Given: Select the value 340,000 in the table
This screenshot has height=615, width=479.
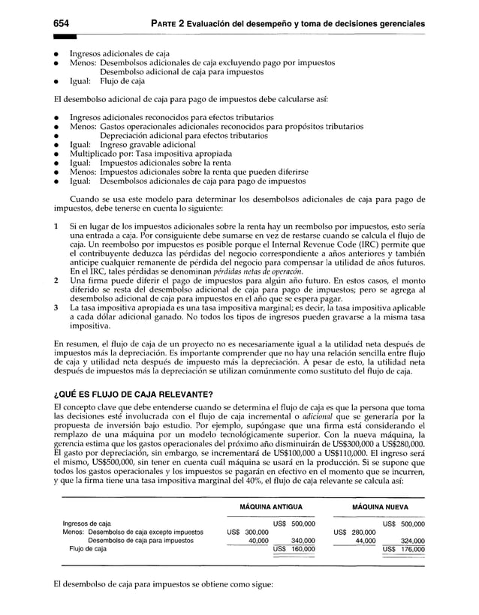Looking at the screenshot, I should click(x=303, y=539).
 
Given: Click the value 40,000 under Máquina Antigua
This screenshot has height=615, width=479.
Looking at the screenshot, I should click(x=258, y=539).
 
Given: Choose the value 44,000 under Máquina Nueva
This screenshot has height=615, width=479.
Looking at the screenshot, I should click(x=364, y=539).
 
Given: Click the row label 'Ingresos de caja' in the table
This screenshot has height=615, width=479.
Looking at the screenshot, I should click(x=86, y=522).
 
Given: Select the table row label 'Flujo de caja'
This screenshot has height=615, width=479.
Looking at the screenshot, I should click(x=88, y=549).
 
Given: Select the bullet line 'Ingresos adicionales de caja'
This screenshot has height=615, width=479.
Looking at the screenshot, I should click(x=119, y=53).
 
